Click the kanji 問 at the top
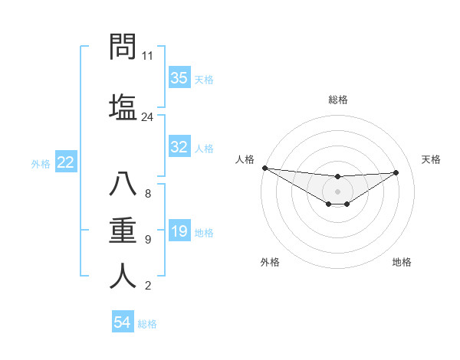pos(123,47)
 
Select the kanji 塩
pos(123,106)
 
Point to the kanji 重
pos(123,231)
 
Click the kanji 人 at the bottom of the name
pos(123,276)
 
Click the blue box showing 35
pos(179,78)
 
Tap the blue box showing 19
pos(179,232)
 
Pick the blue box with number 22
pos(66,162)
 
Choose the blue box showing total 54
pos(123,323)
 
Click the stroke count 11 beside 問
pos(148,56)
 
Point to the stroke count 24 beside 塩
pos(148,117)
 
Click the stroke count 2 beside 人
pos(148,286)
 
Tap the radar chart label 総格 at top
pos(338,100)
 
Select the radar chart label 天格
pos(431,159)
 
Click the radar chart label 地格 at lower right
pos(402,262)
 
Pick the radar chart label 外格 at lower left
pos(270,262)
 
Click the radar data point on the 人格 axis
pos(265,168)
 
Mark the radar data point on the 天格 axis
pos(396,172)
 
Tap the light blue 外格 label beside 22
pos(40,163)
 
